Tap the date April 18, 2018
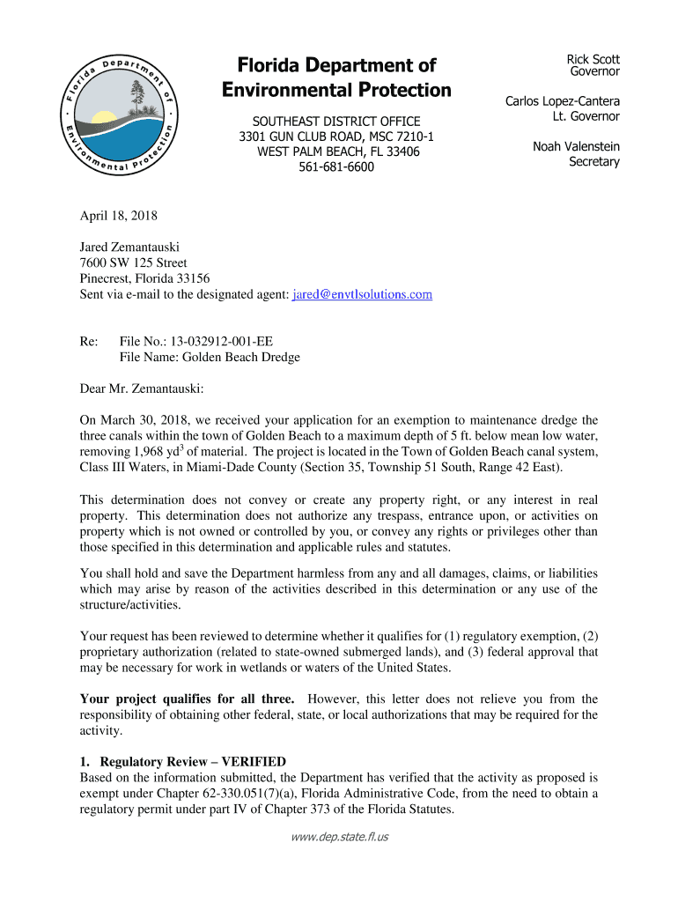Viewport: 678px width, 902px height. point(116,215)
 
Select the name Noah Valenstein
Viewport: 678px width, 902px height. point(576,147)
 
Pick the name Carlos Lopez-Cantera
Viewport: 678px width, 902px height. point(562,102)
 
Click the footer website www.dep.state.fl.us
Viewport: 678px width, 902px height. point(339,836)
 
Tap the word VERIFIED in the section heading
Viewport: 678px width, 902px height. point(254,762)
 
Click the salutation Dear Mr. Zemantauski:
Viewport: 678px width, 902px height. point(142,387)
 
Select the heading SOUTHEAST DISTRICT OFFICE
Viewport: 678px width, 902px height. point(336,122)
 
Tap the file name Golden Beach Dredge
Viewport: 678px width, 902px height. point(242,357)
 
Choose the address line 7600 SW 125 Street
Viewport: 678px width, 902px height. point(133,263)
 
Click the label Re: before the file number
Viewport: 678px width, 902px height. point(89,341)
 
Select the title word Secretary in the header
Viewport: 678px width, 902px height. point(593,162)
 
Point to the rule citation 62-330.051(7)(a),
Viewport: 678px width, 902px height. point(282,794)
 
